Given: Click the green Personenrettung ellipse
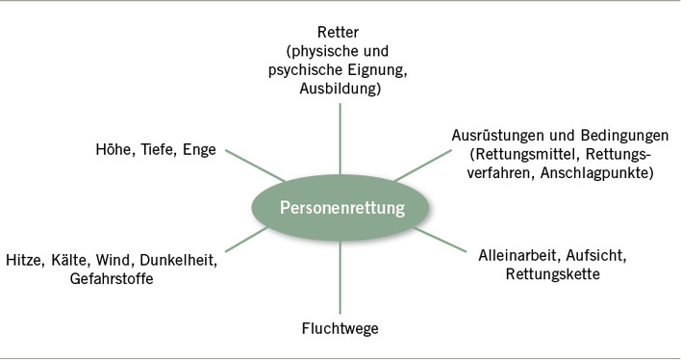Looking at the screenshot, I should pos(340,208).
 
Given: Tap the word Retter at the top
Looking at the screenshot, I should pos(340,31).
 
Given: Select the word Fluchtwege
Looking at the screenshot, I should pos(340,329).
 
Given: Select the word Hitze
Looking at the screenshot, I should pos(24,260).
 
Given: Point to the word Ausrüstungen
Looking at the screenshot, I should pos(497,136).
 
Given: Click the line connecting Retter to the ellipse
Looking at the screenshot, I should pos(340,135).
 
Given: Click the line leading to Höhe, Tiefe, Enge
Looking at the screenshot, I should pos(255,167).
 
